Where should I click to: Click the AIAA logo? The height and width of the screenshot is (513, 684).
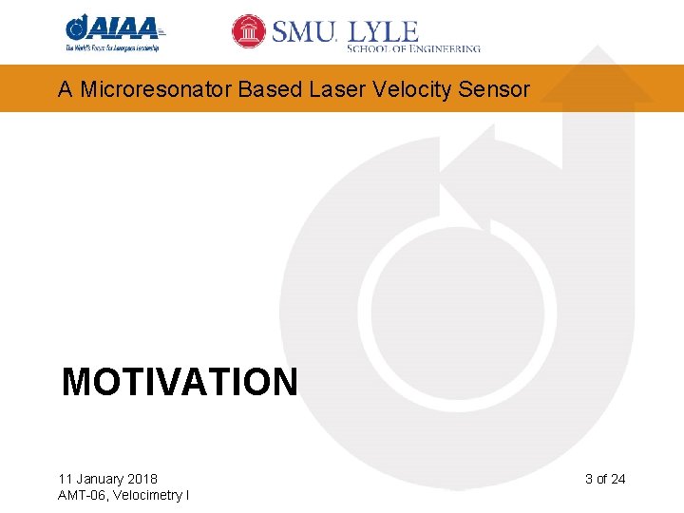[x=112, y=28]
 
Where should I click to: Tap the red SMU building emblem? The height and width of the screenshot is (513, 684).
[x=249, y=31]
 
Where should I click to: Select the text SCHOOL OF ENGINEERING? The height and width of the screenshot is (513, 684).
[x=413, y=47]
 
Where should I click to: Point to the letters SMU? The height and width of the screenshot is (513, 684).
[x=304, y=32]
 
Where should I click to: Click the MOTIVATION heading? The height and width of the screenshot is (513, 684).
[x=180, y=382]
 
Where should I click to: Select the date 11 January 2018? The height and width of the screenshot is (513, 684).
[x=107, y=479]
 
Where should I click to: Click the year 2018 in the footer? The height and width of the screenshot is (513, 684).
[x=142, y=479]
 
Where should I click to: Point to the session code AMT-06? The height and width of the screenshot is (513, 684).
[x=83, y=495]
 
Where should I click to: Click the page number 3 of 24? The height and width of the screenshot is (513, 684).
[x=605, y=479]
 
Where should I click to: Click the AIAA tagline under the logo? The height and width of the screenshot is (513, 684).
[x=112, y=47]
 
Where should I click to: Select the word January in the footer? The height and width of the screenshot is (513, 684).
[x=98, y=479]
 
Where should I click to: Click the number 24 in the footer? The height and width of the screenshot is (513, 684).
[x=617, y=479]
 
